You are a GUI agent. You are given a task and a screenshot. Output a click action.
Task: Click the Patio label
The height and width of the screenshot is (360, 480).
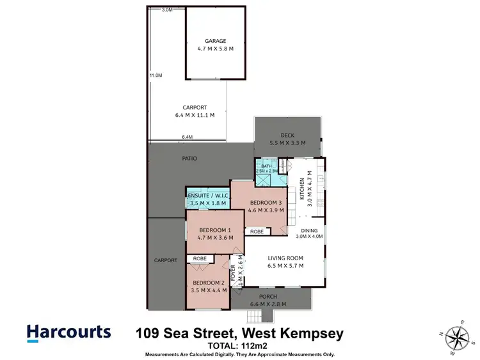point(189,159)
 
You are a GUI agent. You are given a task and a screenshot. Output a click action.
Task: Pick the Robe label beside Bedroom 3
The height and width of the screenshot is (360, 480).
point(257,231)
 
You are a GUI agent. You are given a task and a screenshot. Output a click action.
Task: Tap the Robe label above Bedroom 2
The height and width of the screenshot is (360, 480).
point(199,260)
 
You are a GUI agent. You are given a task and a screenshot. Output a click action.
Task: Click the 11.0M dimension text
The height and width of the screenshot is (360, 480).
point(156,75)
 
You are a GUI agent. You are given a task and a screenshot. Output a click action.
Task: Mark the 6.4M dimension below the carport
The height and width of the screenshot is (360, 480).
point(188,137)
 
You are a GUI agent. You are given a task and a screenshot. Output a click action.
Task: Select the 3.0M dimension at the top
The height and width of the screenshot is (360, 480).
point(168,10)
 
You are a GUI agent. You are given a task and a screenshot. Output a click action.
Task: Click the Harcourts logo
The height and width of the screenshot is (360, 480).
point(68,332)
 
